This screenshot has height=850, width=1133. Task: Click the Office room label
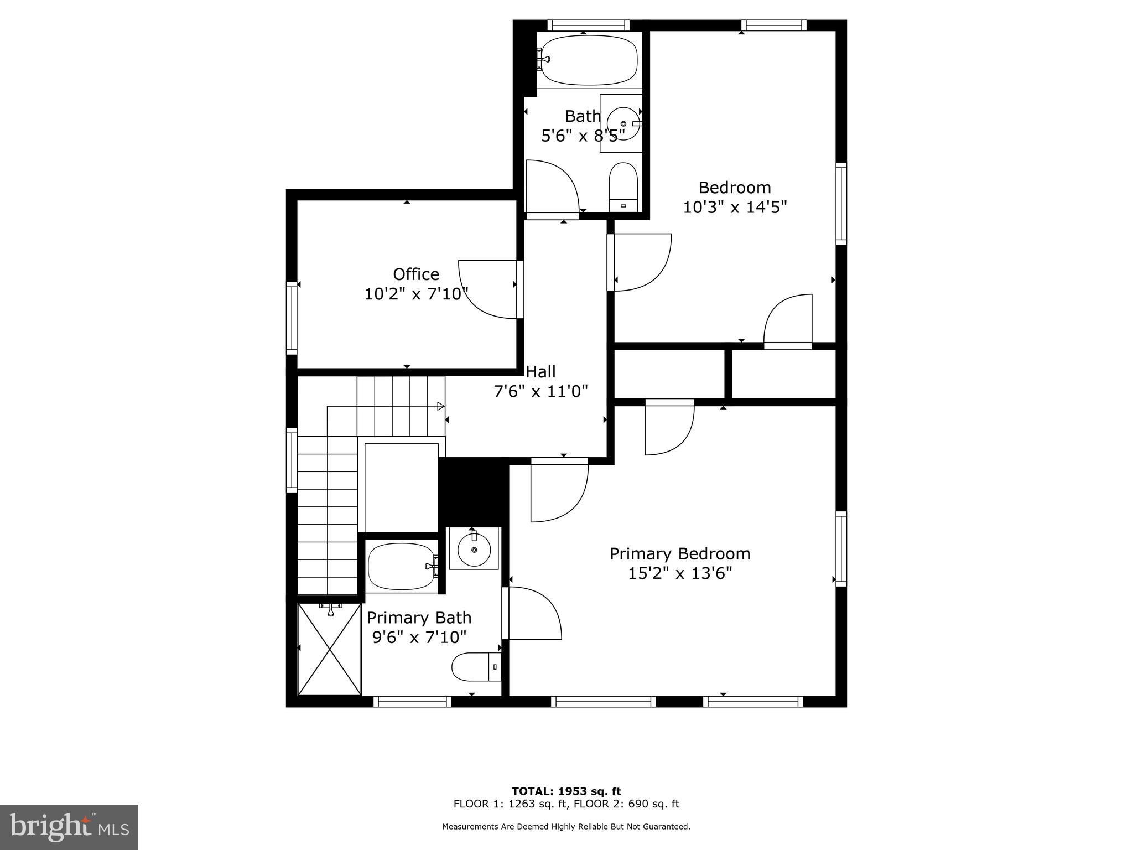tap(416, 274)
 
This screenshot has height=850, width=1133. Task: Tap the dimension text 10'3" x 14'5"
tap(735, 207)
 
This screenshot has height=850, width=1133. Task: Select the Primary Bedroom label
tap(680, 553)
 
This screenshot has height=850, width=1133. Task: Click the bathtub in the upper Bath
tap(589, 60)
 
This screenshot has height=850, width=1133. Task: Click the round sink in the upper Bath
tap(623, 123)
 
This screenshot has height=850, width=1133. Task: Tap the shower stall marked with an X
tap(329, 649)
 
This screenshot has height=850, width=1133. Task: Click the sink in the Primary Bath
tap(475, 548)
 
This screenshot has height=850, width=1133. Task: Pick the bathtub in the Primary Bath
tap(402, 566)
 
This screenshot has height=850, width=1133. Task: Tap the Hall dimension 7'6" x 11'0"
tap(540, 391)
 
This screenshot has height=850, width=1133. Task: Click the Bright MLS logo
tap(69, 827)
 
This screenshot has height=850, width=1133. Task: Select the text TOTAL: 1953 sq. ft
tap(566, 791)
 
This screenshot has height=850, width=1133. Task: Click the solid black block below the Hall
tap(474, 492)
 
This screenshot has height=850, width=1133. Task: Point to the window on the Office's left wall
tap(292, 318)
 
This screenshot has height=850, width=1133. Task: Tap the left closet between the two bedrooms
tap(669, 374)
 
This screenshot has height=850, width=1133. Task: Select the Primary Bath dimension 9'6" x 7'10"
tap(419, 637)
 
